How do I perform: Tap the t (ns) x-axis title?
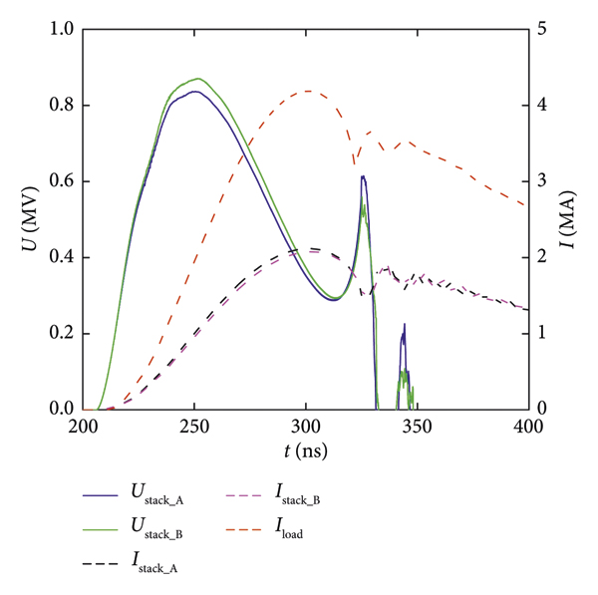point(305,451)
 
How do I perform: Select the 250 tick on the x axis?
point(194,428)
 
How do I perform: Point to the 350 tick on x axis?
point(417,428)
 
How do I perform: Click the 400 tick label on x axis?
point(526,428)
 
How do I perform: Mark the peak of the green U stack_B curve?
point(198,79)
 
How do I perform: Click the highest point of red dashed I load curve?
point(307,91)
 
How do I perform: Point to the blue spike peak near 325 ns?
point(363,176)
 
